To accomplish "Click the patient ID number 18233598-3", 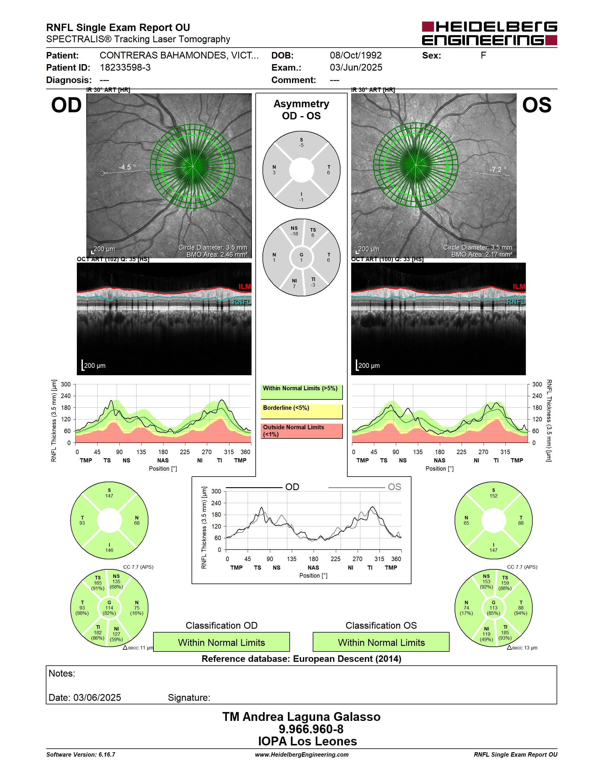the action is pos(125,67).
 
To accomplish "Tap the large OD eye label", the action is pos(67,105).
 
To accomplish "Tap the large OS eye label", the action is pos(536,105).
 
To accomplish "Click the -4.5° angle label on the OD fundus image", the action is pos(127,167).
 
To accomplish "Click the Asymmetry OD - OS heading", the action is pos(301,110).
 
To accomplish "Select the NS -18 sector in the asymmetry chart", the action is pos(294,231).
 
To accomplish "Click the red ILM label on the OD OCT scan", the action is pos(245,286).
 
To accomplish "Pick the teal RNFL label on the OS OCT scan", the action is pos(516,302).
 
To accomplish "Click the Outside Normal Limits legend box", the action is pos(301,431).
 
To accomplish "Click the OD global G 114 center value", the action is pos(109,608).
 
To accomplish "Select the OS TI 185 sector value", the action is pos(505,633).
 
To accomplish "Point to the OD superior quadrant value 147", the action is pos(109,496).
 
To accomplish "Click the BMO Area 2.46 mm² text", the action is pos(217,255).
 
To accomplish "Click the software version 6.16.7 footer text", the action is pos(81,755).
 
